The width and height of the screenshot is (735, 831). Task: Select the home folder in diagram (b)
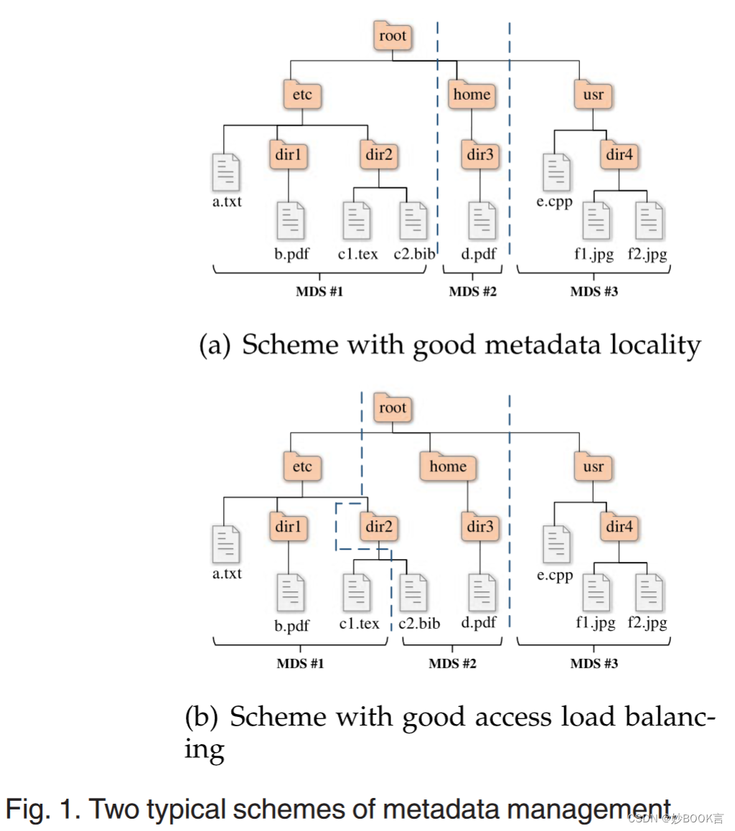pos(448,466)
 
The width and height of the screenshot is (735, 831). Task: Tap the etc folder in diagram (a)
pos(302,95)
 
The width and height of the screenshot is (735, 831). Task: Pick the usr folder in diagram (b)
pos(593,466)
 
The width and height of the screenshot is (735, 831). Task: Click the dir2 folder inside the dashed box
pos(379,527)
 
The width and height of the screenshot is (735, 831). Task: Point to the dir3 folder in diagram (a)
pos(479,154)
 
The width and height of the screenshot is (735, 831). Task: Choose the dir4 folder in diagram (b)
pos(620,527)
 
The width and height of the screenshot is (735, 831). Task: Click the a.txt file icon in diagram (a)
pos(227,172)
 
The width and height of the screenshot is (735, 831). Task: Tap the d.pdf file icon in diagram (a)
pos(482,221)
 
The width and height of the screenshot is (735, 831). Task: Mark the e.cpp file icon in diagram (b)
pos(556,545)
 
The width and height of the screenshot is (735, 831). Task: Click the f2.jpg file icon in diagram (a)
pos(650,221)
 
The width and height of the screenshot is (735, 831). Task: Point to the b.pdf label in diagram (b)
pos(291,626)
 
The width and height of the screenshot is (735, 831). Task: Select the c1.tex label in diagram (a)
pos(357,254)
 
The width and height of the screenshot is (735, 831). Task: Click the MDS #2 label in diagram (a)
pos(472,292)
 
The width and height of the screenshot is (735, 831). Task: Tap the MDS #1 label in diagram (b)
pos(301,664)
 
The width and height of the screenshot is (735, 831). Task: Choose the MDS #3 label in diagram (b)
pos(594,664)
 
